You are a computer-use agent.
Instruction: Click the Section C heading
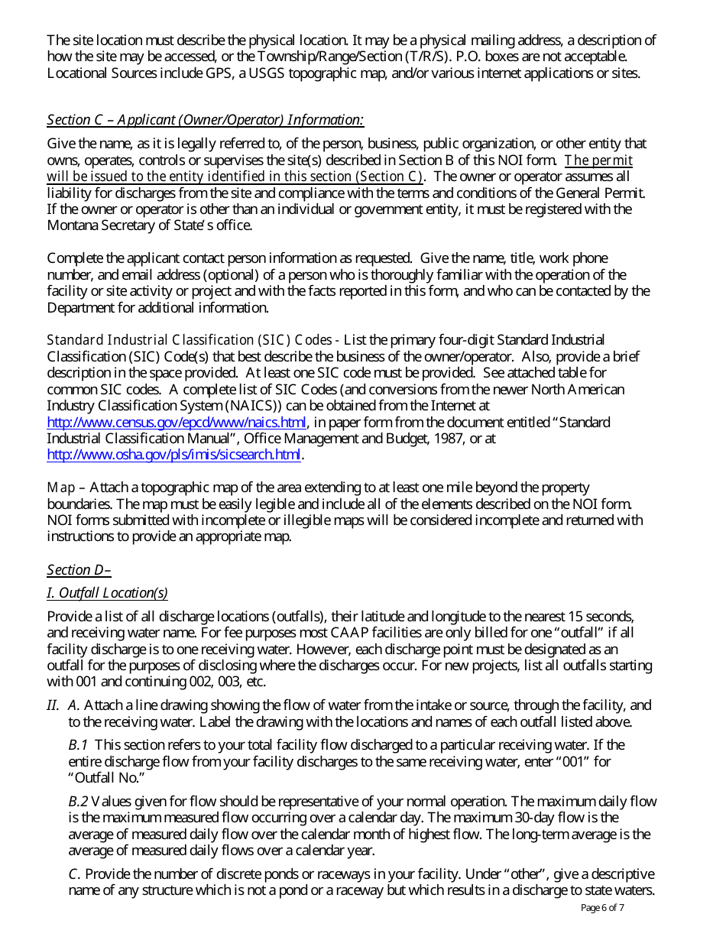click(205, 120)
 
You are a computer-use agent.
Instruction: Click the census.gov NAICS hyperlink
click(177, 423)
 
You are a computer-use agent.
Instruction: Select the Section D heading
click(79, 570)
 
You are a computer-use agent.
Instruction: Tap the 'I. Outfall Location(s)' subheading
click(107, 593)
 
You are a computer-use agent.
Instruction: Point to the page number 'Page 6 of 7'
click(602, 909)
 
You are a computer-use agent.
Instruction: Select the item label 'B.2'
click(78, 802)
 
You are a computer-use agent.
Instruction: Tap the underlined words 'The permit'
click(598, 160)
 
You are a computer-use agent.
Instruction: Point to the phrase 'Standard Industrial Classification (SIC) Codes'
click(189, 340)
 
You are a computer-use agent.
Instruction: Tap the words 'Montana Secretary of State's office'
click(149, 225)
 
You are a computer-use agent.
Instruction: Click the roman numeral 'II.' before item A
click(53, 706)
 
